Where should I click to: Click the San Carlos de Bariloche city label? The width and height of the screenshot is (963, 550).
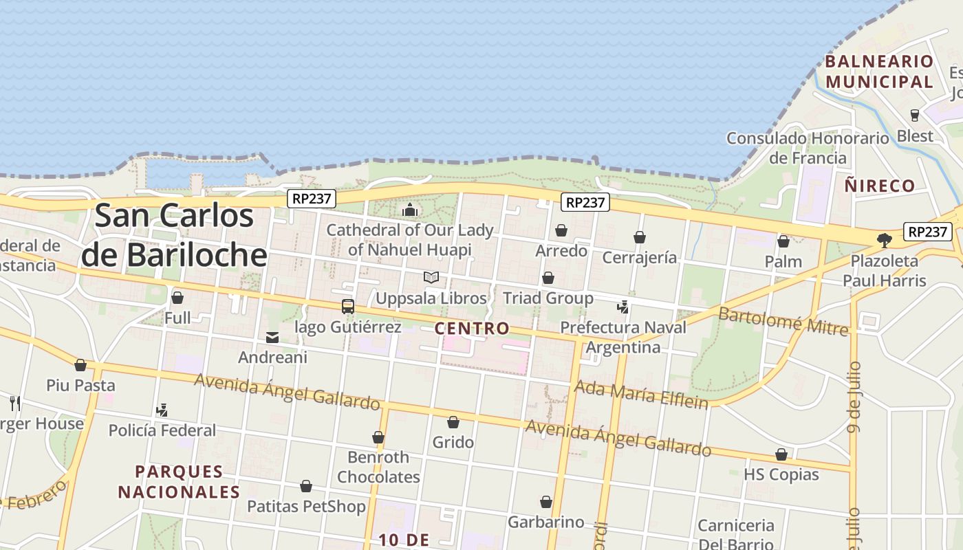tap(174, 235)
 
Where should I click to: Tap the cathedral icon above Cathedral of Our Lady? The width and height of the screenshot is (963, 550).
tap(410, 209)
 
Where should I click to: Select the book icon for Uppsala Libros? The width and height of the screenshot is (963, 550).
tap(431, 277)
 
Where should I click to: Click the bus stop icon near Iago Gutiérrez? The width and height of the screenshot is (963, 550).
tap(348, 306)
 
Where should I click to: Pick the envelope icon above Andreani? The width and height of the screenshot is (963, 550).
tap(272, 338)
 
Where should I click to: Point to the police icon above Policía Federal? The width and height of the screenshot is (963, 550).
tap(162, 410)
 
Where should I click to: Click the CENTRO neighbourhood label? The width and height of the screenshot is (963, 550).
tap(472, 329)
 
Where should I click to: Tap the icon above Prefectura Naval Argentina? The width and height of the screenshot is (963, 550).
tap(623, 307)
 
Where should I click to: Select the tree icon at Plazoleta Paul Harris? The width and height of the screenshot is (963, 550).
tap(885, 240)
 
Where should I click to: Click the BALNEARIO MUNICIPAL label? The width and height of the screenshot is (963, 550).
tap(879, 71)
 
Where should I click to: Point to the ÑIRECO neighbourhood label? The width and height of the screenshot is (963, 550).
tap(880, 186)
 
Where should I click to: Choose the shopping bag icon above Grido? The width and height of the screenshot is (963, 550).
tap(453, 421)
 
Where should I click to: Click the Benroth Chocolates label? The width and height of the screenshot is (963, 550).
tap(378, 467)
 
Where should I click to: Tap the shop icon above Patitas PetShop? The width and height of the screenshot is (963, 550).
tap(306, 486)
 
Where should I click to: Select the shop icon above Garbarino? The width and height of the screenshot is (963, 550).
tap(546, 502)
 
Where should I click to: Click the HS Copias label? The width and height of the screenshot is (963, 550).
tap(781, 474)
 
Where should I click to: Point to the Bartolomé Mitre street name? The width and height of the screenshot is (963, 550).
tap(783, 321)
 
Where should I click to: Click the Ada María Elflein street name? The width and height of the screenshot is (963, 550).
tap(641, 394)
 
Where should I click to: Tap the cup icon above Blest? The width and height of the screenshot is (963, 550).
tap(915, 115)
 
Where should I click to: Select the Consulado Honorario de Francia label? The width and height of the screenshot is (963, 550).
tap(808, 148)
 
